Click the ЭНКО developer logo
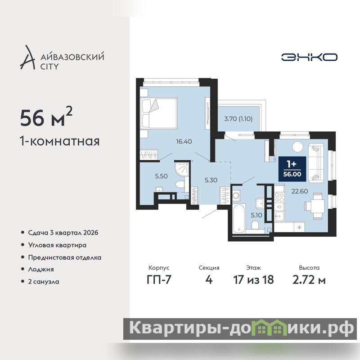coord(309,57)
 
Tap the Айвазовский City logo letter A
coord(28,58)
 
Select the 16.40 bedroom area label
coord(184,141)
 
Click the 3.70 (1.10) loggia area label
coord(238,119)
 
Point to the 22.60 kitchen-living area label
coord(300,191)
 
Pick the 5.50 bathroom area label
coord(161,176)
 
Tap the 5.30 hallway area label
coord(211,180)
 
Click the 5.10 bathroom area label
coord(256,215)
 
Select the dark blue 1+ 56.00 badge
coord(292,169)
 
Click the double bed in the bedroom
coord(159,113)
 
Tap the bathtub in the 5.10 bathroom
coord(239,218)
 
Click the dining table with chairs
coord(314,206)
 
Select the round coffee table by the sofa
coord(297,146)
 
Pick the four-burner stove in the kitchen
coord(279,198)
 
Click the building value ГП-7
coord(159,279)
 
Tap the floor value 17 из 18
coord(253,279)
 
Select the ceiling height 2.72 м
coord(309,279)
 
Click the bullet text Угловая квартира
coord(57,245)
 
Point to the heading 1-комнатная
coord(60,141)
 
